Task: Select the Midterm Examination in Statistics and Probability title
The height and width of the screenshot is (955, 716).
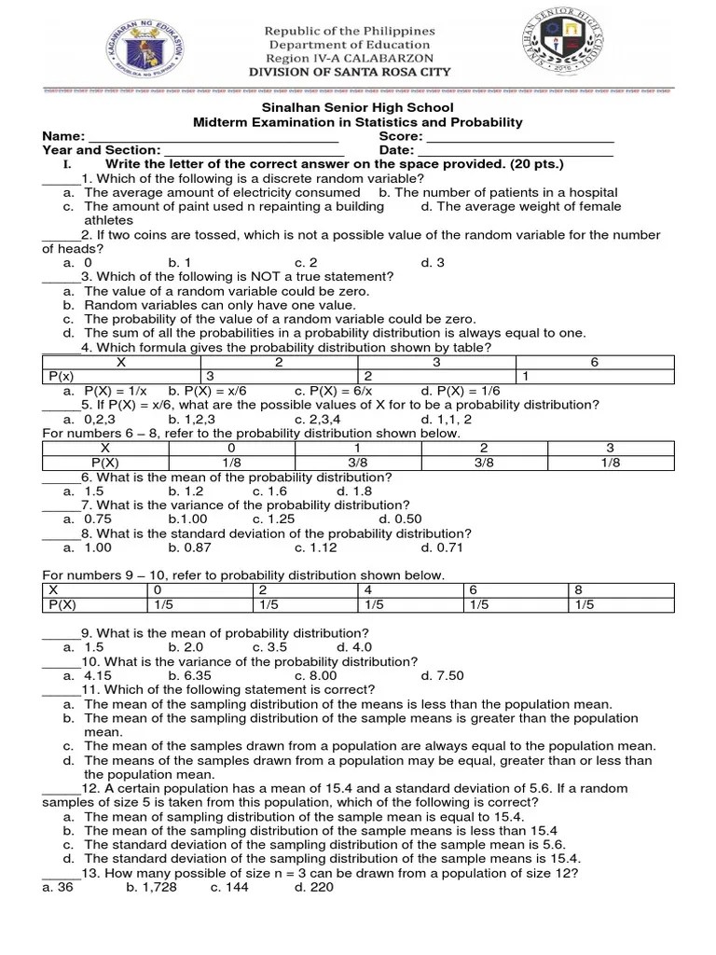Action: coord(357,122)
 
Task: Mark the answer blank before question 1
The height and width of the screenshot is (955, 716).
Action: coord(62,180)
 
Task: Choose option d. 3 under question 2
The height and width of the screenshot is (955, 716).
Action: coord(433,263)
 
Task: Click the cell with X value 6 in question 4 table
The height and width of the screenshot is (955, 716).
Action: coord(594,362)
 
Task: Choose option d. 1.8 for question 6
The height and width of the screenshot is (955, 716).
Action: coord(354,491)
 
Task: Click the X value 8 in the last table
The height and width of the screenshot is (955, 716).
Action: coord(579,590)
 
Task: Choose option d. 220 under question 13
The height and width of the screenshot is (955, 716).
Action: coord(314,888)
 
